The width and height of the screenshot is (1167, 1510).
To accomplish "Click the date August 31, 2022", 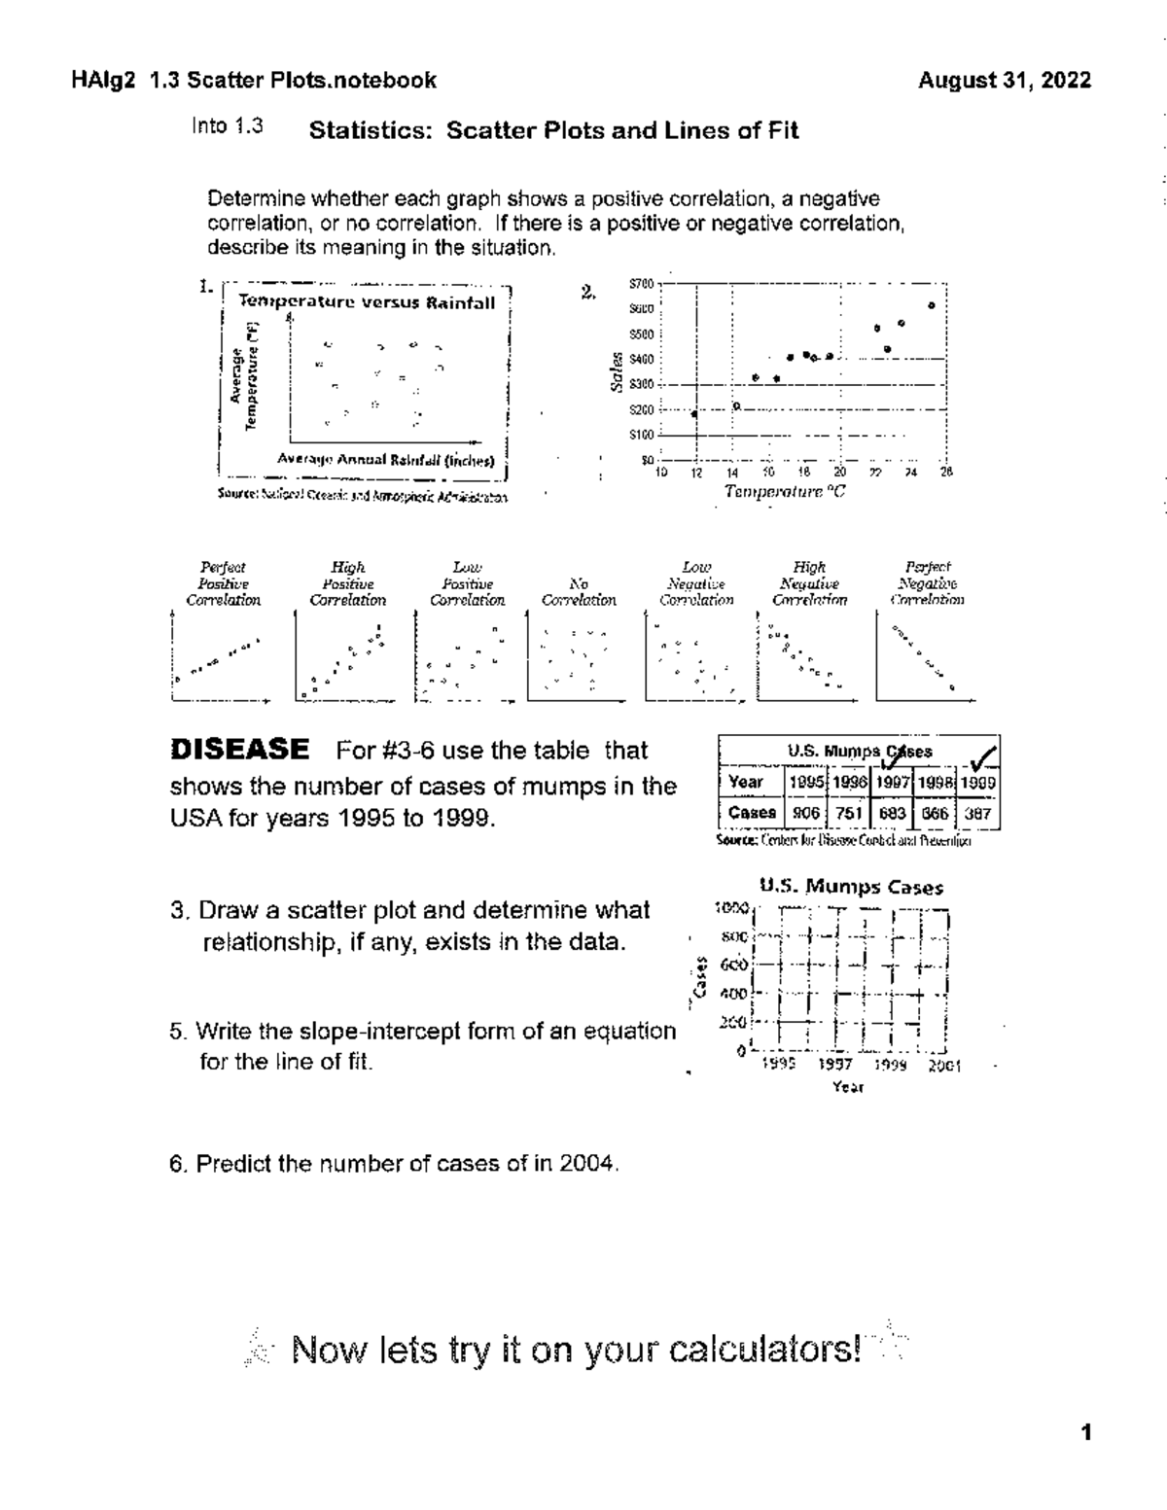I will [x=1005, y=81].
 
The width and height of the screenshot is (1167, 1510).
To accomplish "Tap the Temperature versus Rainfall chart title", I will [x=368, y=302].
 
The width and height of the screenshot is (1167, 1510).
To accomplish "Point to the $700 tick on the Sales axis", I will [x=642, y=284].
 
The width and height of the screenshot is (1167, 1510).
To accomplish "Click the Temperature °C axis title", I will [x=785, y=492].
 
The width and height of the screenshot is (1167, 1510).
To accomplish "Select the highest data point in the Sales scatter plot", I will [x=932, y=305].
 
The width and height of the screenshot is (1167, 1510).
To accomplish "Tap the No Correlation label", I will [x=579, y=592].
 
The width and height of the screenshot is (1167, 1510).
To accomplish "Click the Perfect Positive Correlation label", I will [x=223, y=583].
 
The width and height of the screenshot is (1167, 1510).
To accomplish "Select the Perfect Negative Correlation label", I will [x=928, y=583].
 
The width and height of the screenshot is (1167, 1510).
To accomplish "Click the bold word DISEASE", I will [x=239, y=750].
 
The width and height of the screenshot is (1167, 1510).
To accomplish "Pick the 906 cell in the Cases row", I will [x=805, y=813].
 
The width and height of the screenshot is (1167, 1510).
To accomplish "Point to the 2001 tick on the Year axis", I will [x=943, y=1066].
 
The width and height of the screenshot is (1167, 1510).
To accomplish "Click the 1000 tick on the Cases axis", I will [x=730, y=908].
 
